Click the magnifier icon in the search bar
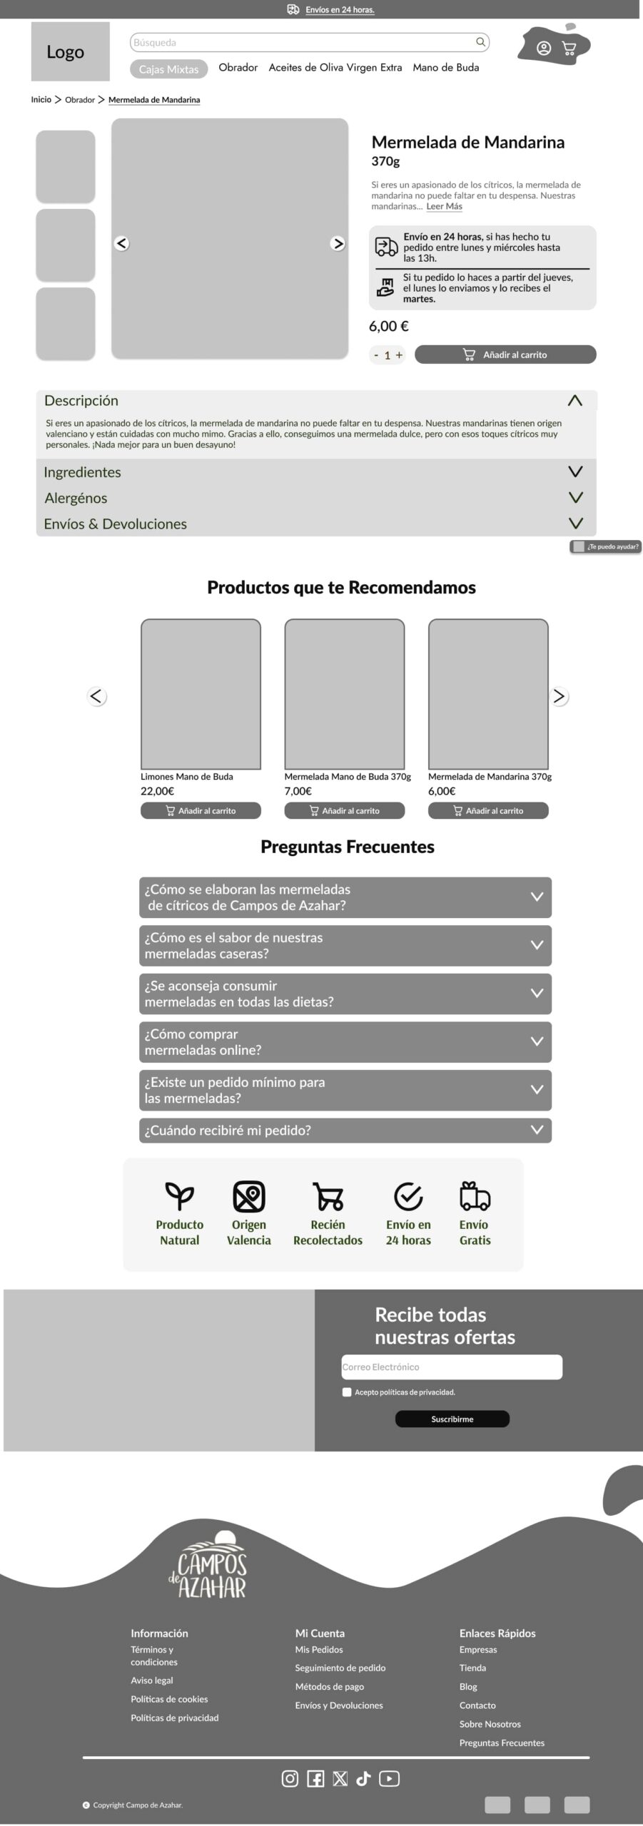(480, 42)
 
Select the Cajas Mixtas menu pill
(168, 69)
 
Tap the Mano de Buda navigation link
(445, 68)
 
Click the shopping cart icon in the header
(569, 49)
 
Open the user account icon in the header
(544, 49)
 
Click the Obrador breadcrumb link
(80, 100)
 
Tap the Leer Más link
(444, 206)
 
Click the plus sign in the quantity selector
(399, 355)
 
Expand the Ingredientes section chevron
(575, 471)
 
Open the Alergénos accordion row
(316, 498)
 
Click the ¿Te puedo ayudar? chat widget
(606, 546)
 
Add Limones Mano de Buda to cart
(201, 810)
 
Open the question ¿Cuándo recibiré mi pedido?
(345, 1130)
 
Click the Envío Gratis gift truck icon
(475, 1196)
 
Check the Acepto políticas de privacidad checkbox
(347, 1392)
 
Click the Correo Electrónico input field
(452, 1367)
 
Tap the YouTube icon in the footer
(389, 1778)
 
